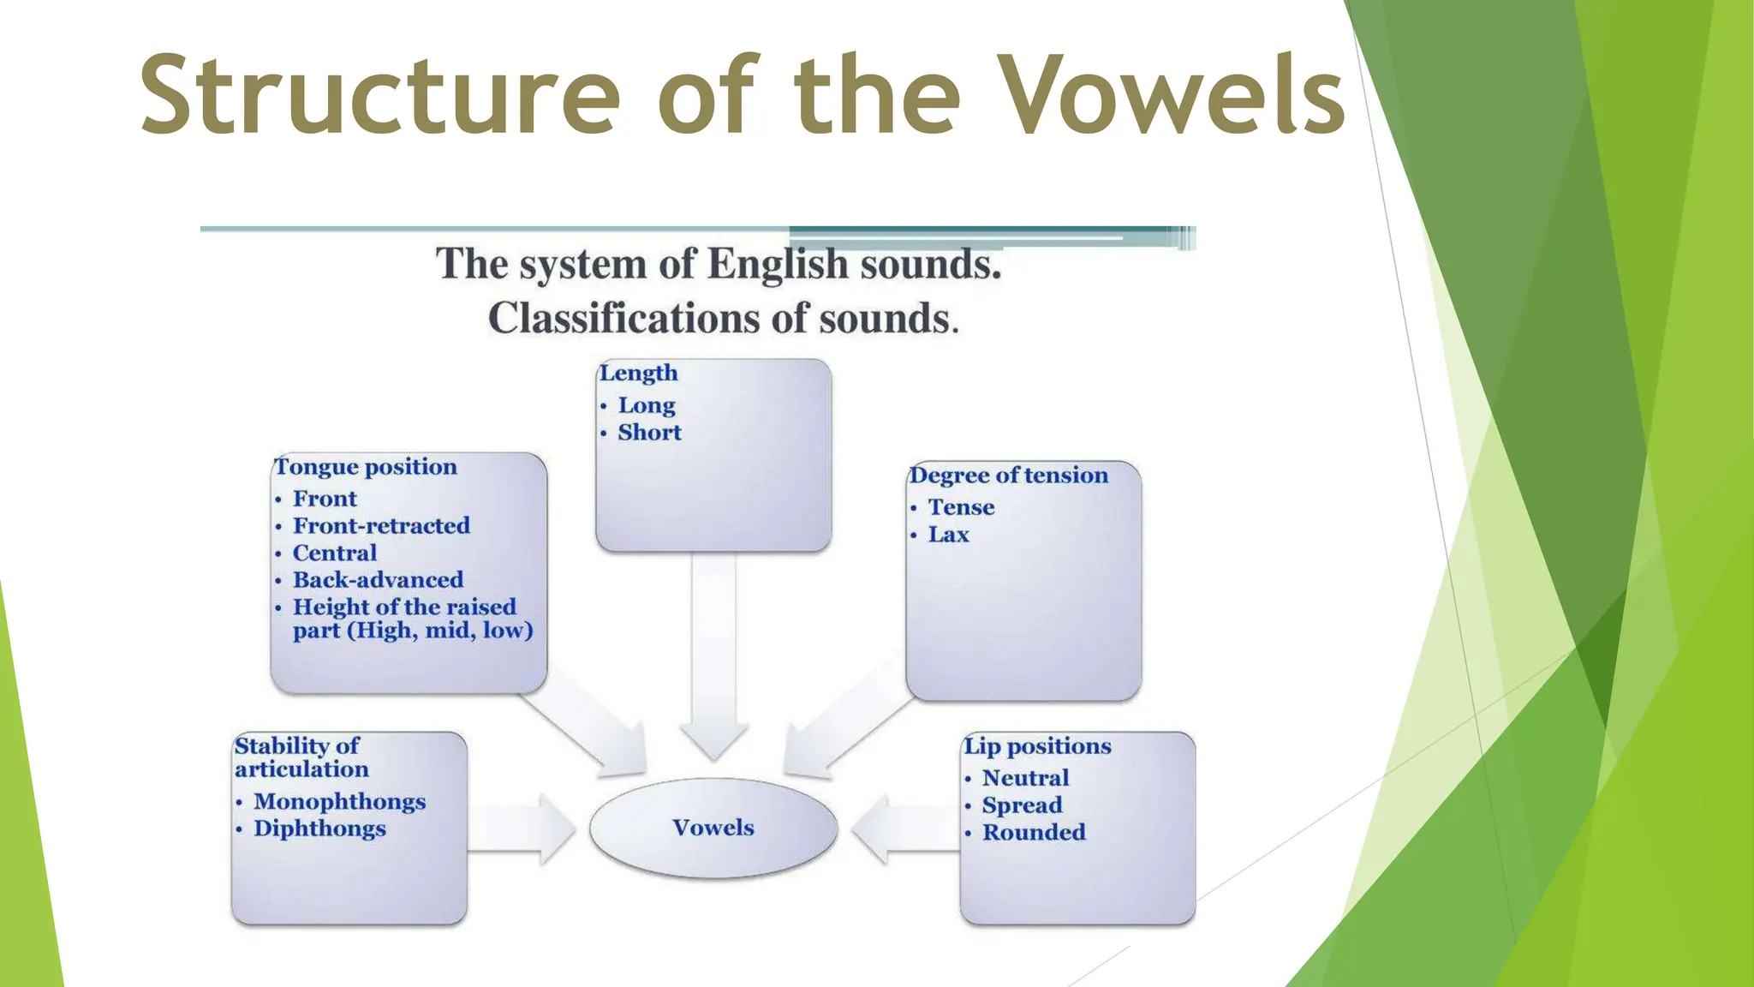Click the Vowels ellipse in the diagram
point(713,828)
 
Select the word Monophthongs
point(339,801)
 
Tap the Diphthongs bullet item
point(319,828)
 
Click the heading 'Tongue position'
point(366,467)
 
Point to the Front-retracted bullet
point(381,525)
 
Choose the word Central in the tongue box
point(334,553)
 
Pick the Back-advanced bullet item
point(378,580)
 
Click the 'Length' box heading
point(639,373)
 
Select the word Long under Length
point(647,405)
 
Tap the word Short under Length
point(649,433)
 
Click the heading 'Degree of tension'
point(1009,476)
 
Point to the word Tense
point(961,507)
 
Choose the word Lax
point(948,535)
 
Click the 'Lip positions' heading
point(1037,746)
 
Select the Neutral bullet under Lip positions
point(1025,778)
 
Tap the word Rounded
point(1034,832)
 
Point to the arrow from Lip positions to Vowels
point(904,828)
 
